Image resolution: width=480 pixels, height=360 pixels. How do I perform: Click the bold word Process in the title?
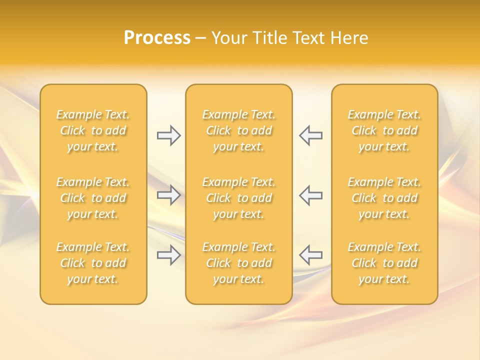pyautogui.click(x=157, y=38)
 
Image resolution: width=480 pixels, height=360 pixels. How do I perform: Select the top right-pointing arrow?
pyautogui.click(x=168, y=135)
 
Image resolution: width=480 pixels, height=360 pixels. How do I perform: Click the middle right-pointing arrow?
pyautogui.click(x=168, y=195)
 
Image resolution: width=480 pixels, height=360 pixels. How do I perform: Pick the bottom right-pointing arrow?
pyautogui.click(x=168, y=255)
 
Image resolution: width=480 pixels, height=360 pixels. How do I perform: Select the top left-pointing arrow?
pyautogui.click(x=311, y=135)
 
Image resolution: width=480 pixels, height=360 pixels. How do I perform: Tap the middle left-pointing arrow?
pyautogui.click(x=311, y=195)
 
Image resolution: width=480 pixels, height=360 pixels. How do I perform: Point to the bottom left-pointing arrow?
pyautogui.click(x=311, y=255)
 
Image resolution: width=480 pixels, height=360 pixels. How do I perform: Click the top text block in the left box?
pyautogui.click(x=93, y=130)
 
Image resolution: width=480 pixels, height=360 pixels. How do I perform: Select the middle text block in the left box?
pyautogui.click(x=93, y=198)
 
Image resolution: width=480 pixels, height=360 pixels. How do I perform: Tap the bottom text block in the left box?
pyautogui.click(x=93, y=263)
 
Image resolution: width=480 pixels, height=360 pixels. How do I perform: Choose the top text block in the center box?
pyautogui.click(x=239, y=130)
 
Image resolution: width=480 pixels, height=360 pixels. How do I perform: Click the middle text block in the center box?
pyautogui.click(x=239, y=198)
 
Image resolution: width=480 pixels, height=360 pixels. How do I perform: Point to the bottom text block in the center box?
pyautogui.click(x=239, y=263)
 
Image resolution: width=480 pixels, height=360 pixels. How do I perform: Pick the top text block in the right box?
pyautogui.click(x=384, y=130)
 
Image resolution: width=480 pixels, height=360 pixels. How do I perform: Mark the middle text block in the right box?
pyautogui.click(x=384, y=198)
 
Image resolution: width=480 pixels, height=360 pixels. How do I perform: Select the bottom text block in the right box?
pyautogui.click(x=384, y=263)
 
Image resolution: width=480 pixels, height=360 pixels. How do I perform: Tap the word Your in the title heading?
pyautogui.click(x=229, y=38)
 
